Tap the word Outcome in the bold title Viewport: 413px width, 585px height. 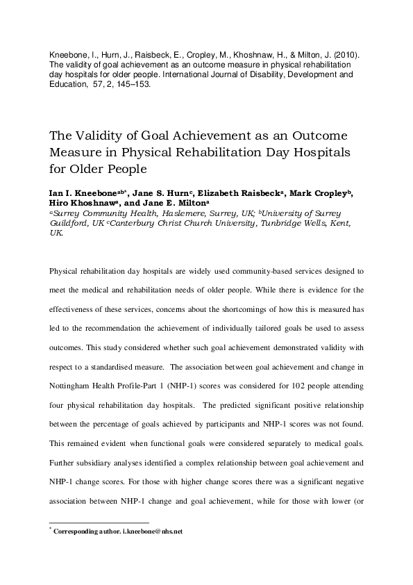(297, 135)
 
